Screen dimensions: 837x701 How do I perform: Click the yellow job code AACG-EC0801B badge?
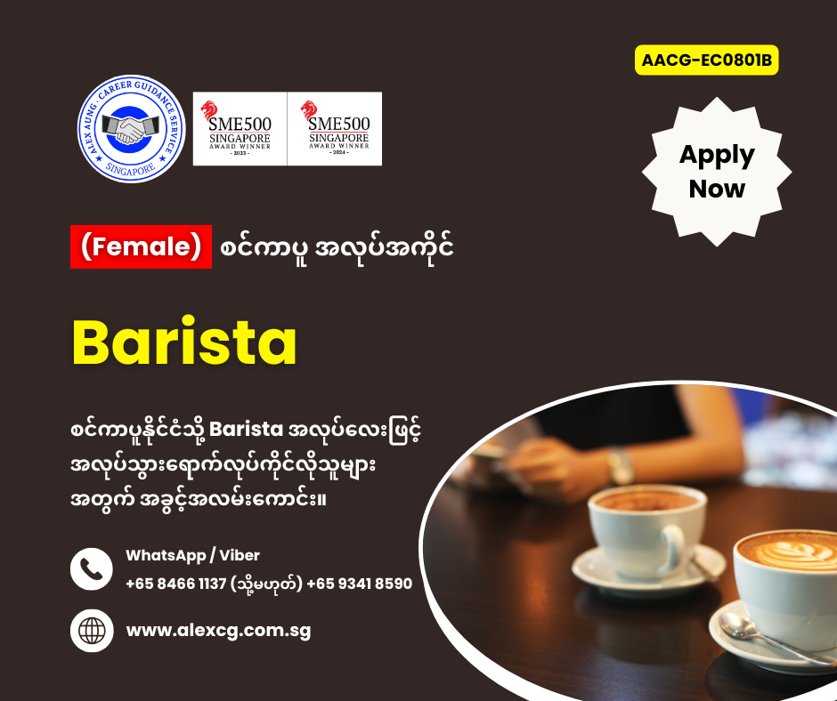(706, 60)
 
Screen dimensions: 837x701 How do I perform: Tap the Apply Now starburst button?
(717, 172)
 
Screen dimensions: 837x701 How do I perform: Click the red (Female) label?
(141, 246)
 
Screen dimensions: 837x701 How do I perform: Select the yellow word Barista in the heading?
(184, 342)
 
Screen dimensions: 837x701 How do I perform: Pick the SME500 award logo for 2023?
(240, 129)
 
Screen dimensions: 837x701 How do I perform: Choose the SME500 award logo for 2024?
(335, 129)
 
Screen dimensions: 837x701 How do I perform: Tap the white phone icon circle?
(92, 568)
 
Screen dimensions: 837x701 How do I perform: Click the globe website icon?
(92, 631)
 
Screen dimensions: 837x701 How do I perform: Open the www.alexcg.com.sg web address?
(218, 631)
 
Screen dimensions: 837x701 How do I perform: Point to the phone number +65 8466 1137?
(176, 584)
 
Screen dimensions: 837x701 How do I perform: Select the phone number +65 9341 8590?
(359, 584)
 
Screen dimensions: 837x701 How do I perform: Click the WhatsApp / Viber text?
(192, 555)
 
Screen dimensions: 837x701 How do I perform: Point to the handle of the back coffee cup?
(676, 550)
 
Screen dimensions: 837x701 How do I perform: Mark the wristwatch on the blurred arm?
(621, 465)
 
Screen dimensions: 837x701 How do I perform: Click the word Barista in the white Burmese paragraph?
(246, 430)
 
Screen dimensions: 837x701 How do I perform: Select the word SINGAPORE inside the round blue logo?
(131, 169)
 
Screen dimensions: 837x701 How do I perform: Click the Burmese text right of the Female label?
(337, 247)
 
